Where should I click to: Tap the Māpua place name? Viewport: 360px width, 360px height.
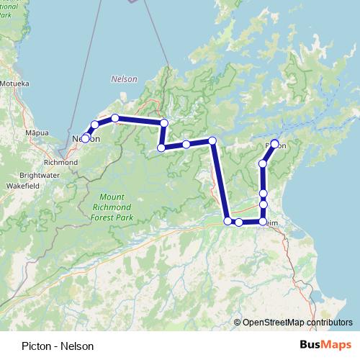[x=36, y=133]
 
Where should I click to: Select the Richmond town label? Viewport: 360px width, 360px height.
[x=60, y=163]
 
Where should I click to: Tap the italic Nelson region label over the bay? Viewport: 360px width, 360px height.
[x=124, y=78]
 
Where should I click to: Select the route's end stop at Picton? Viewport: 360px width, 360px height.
[x=274, y=144]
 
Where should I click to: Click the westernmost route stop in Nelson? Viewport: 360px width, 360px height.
[x=85, y=138]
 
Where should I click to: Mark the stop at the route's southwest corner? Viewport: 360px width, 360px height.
[x=228, y=221]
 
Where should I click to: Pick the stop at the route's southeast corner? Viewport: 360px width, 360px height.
[x=263, y=222]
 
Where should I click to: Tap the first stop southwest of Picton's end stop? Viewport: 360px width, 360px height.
[x=263, y=164]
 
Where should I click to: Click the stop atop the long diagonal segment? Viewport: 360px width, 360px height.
[x=212, y=140]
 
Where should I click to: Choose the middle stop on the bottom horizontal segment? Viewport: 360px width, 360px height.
[x=239, y=222]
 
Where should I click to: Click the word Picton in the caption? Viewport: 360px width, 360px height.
[x=36, y=346]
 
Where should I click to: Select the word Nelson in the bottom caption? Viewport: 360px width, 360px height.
[x=79, y=346]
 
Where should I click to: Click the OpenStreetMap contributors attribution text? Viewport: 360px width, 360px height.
[x=297, y=322]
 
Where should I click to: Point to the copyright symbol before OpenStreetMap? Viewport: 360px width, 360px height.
[x=238, y=322]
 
